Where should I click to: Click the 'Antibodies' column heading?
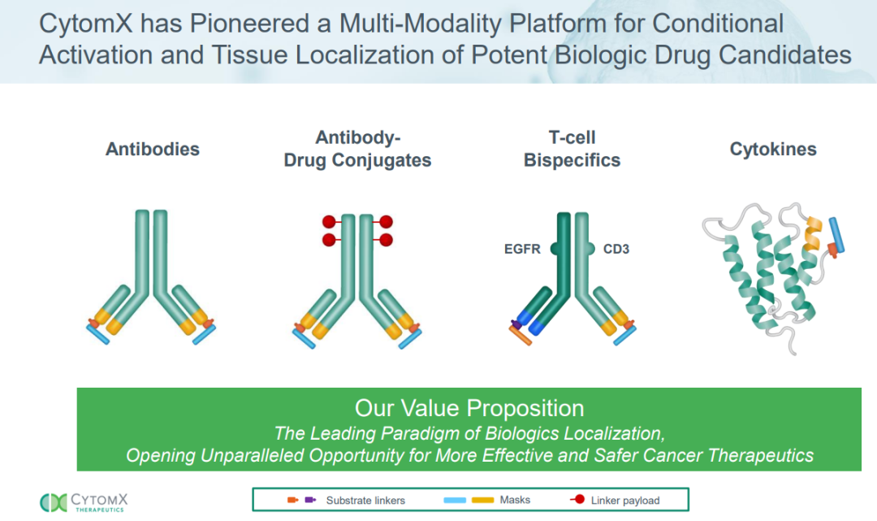[153, 150]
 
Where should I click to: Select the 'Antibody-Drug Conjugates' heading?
[357, 149]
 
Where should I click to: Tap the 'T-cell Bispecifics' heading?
[572, 149]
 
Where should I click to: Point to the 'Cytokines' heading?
[772, 150]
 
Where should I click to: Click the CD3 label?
[616, 249]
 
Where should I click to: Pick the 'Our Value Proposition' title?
[469, 407]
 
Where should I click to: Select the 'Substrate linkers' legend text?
[365, 500]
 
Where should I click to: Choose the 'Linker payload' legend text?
[625, 500]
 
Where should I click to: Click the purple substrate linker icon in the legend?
[310, 500]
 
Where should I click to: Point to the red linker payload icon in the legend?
[577, 500]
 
